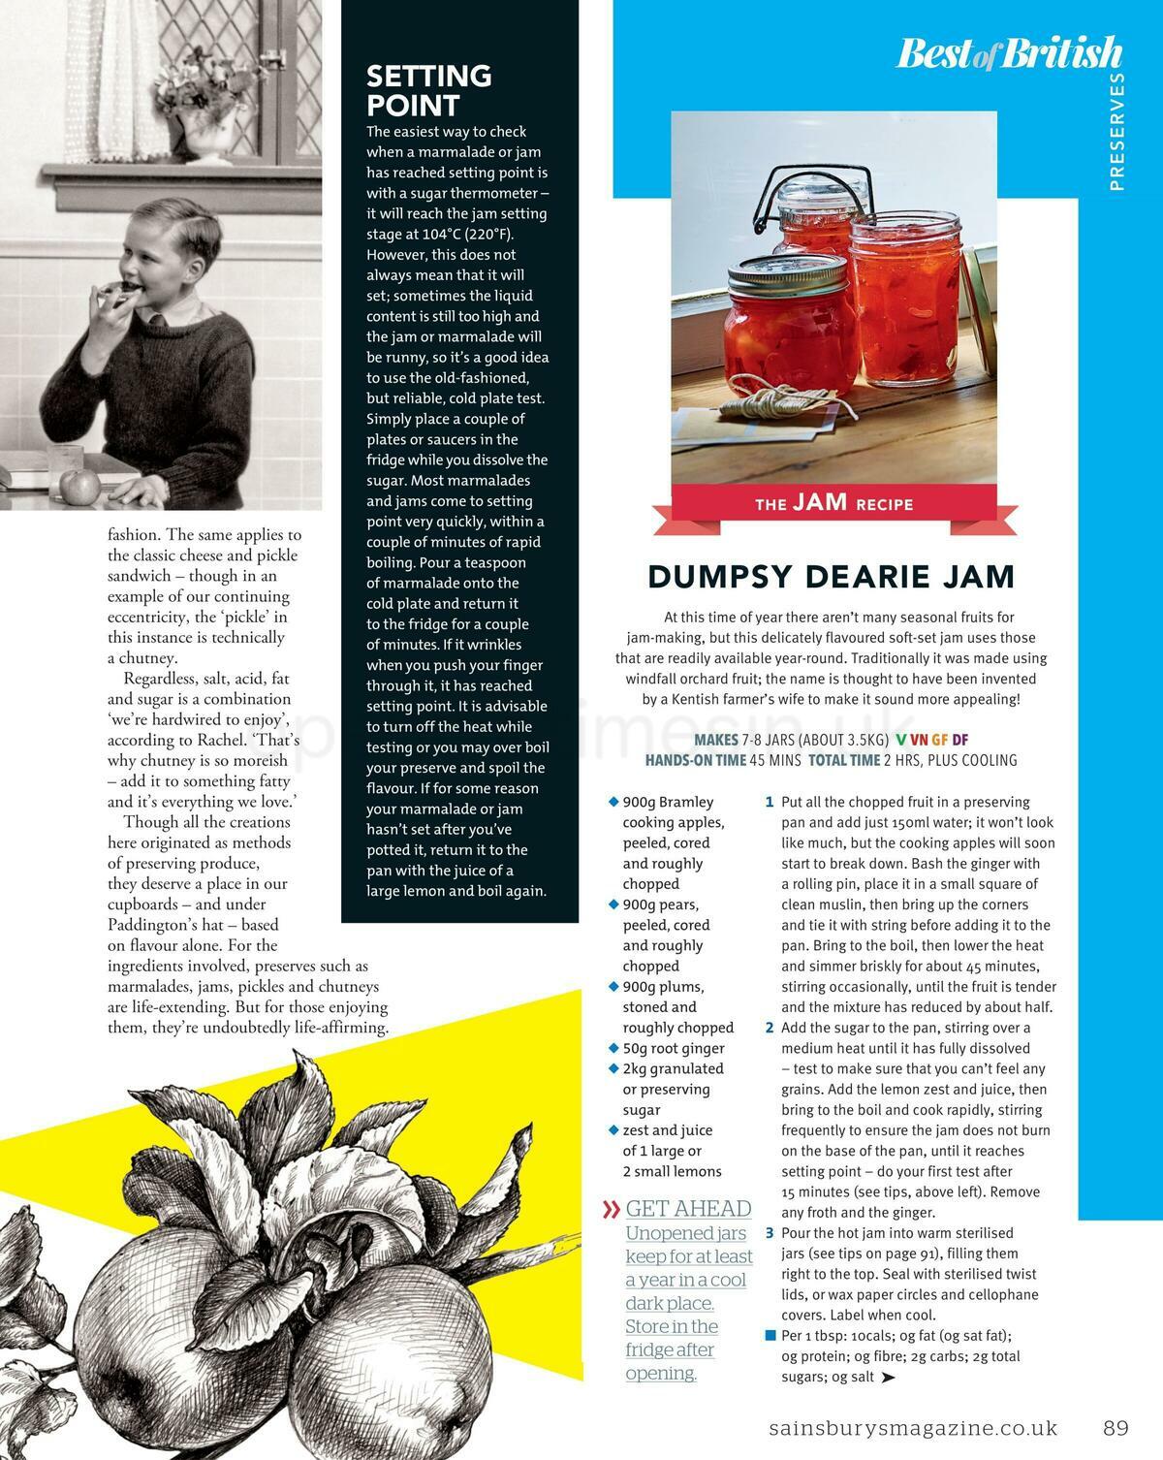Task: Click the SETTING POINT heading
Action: (x=428, y=90)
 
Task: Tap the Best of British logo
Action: (x=1009, y=54)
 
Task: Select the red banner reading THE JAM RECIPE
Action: (x=833, y=503)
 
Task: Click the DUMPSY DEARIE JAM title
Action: (x=832, y=577)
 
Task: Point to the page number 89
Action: (x=1116, y=1428)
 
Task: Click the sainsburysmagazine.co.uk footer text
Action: (x=912, y=1428)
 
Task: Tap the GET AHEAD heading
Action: (x=688, y=1208)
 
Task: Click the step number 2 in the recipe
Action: (x=770, y=1028)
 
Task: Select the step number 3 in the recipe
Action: (x=770, y=1233)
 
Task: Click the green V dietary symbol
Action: (x=900, y=740)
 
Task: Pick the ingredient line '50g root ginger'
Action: (x=674, y=1048)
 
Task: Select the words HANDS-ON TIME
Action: (x=695, y=760)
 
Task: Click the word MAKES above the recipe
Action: (x=716, y=740)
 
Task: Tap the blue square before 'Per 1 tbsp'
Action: (x=770, y=1336)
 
